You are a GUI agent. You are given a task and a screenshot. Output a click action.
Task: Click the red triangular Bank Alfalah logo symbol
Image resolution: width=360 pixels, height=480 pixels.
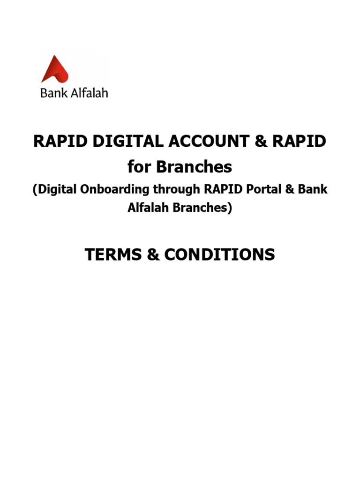click(x=55, y=70)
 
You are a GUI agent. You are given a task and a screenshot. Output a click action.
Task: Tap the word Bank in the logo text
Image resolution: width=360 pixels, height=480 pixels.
click(x=51, y=92)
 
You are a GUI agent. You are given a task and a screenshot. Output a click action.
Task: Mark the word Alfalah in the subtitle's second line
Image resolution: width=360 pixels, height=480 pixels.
click(x=148, y=208)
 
